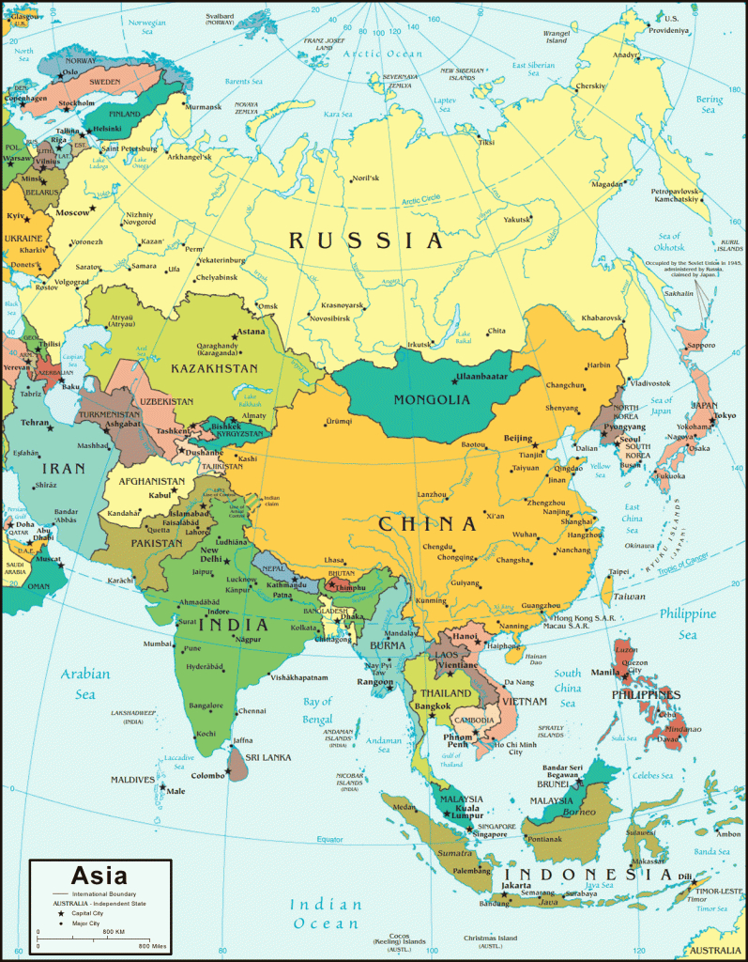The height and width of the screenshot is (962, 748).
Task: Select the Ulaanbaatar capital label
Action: [x=481, y=378]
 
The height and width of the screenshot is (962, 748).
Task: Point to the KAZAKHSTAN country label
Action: [x=214, y=369]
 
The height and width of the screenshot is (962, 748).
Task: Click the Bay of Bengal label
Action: [x=318, y=709]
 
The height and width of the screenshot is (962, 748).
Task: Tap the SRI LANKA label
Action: [x=267, y=757]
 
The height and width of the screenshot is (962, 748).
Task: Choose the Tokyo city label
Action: [x=725, y=416]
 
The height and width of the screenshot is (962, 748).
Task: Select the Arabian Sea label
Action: [x=85, y=683]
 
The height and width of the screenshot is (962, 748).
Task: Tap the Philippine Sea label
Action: [x=687, y=624]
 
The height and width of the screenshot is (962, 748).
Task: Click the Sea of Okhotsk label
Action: [x=669, y=240]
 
